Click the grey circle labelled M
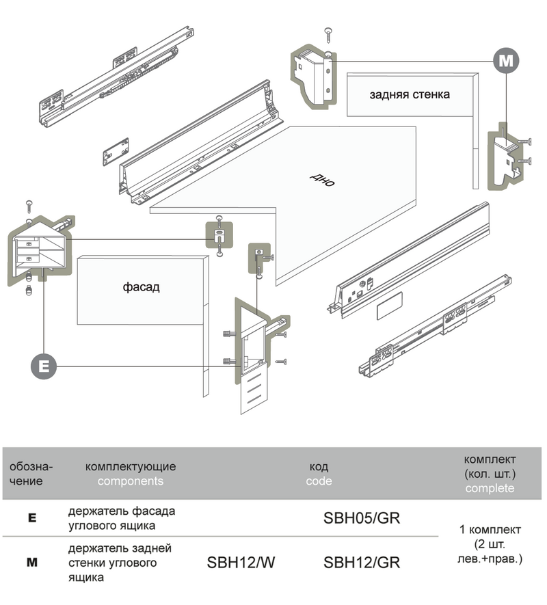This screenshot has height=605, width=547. point(506,60)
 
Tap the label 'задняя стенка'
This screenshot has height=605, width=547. point(409,94)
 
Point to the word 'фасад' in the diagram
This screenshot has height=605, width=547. point(142,286)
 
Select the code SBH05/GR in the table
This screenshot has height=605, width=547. point(361,517)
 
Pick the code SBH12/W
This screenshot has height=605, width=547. point(240,563)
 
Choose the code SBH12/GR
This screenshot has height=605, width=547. point(361,563)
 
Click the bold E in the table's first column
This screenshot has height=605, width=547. point(31,518)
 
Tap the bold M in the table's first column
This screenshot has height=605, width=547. point(31,563)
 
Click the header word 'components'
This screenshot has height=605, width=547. point(130,481)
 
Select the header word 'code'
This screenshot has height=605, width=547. point(319,481)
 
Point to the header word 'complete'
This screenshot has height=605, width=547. point(490,488)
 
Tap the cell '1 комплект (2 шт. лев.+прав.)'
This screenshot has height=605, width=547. point(490,544)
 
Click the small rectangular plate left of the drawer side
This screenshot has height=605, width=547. point(116,152)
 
